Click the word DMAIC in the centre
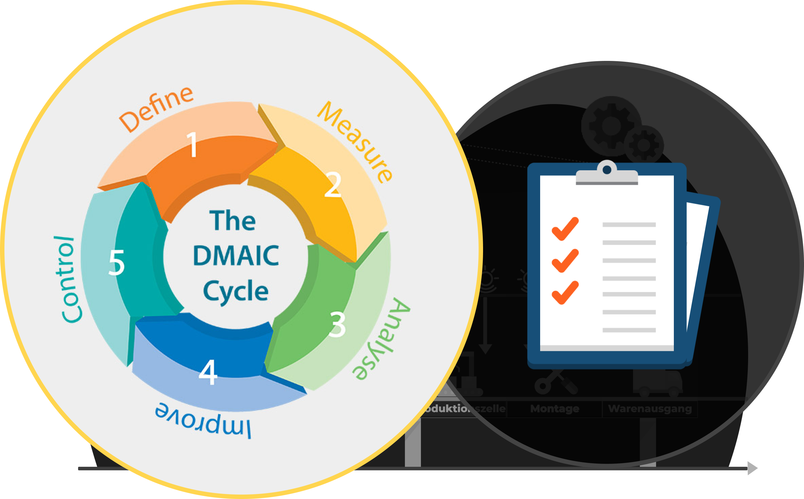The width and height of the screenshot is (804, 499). tap(236, 256)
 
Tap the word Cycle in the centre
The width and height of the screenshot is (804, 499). tap(236, 291)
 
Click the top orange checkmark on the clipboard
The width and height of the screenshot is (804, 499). tap(565, 229)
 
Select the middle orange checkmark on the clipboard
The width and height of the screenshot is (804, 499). tap(565, 260)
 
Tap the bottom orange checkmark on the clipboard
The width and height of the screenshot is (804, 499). tap(565, 292)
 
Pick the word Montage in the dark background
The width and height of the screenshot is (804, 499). tap(555, 409)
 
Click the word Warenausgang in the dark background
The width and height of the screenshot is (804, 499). tap(650, 409)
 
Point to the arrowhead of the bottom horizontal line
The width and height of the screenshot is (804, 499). tap(753, 468)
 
